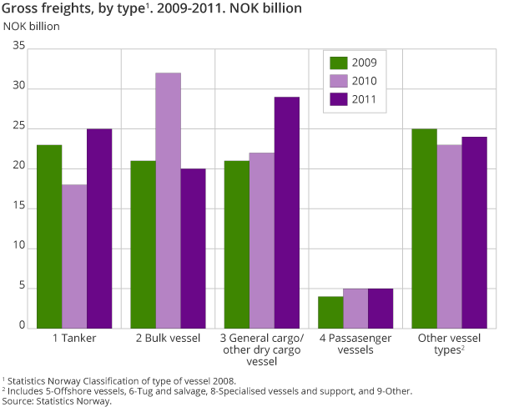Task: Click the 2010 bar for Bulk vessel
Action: [x=168, y=201]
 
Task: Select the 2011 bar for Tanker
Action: [x=99, y=229]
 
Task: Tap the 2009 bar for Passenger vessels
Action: [x=330, y=313]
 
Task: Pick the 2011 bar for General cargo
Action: [x=286, y=213]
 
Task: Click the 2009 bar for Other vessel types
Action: [x=424, y=229]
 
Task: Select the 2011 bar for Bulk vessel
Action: [x=193, y=249]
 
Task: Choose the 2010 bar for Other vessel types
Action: [x=449, y=237]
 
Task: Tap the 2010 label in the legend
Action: [x=364, y=82]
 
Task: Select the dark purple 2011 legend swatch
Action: [x=339, y=100]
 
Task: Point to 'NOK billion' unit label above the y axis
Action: [x=32, y=24]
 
